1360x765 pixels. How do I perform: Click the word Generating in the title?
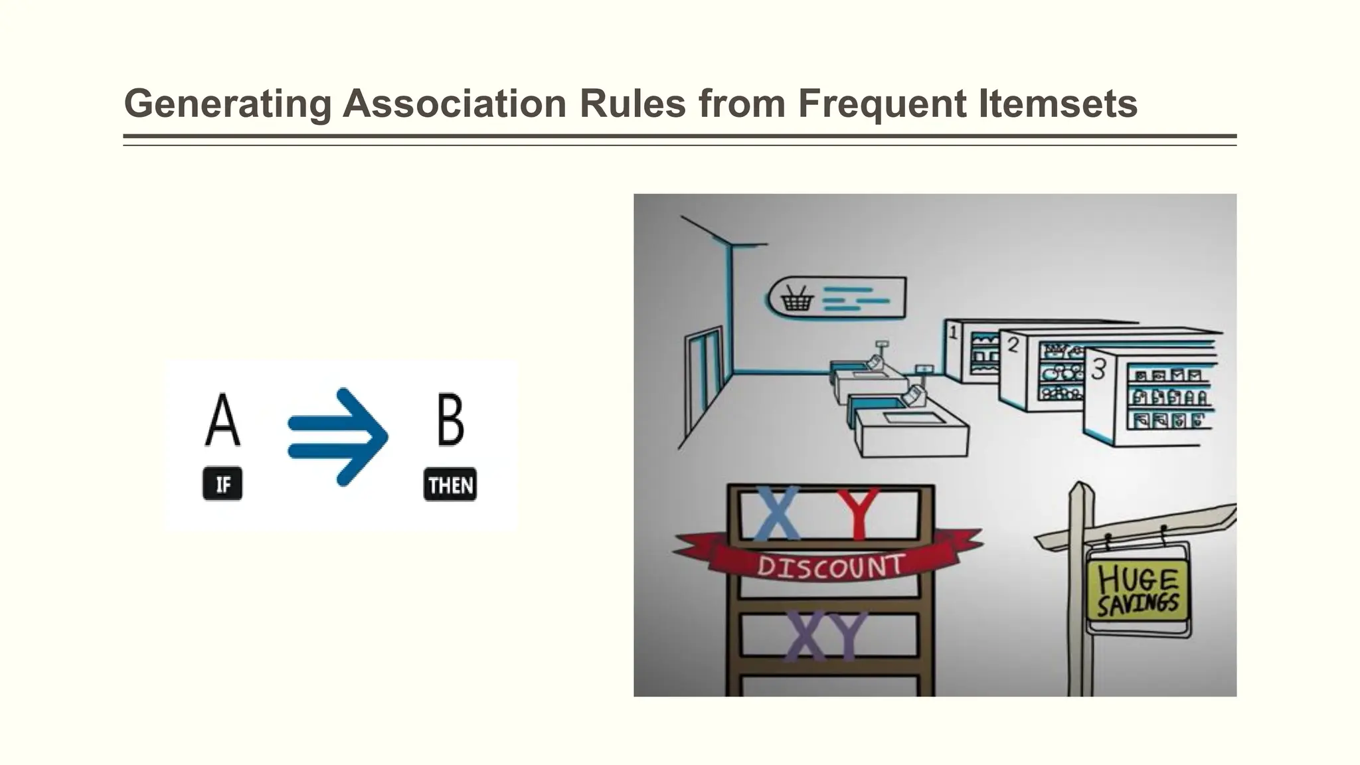click(x=227, y=104)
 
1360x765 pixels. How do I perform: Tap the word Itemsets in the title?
click(x=1058, y=104)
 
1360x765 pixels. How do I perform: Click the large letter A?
click(x=222, y=420)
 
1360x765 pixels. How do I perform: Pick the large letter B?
click(x=450, y=420)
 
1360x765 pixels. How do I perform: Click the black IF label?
click(x=222, y=484)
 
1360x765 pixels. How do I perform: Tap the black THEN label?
click(x=450, y=485)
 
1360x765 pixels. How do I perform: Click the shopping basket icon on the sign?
click(x=797, y=298)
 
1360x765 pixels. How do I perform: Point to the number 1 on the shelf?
click(x=953, y=331)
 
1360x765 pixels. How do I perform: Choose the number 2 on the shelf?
click(x=1013, y=344)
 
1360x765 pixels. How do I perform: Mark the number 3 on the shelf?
click(x=1098, y=369)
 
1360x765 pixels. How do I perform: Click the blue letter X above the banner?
click(x=777, y=514)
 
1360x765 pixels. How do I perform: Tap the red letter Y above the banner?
click(x=857, y=514)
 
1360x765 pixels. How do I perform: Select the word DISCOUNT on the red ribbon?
click(x=830, y=566)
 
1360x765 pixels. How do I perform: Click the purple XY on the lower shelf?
click(x=825, y=636)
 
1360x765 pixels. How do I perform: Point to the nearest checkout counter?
click(x=910, y=430)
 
